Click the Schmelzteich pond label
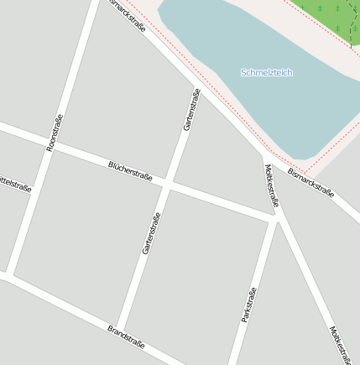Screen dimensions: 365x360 [267, 73]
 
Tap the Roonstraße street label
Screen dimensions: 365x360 [55, 133]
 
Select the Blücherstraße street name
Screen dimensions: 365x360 [130, 170]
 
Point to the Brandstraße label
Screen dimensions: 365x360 [126, 336]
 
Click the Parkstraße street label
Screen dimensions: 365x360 [248, 305]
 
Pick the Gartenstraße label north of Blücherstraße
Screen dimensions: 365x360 [191, 109]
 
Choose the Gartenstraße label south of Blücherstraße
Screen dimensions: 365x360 [151, 232]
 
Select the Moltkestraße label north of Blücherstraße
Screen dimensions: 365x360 [272, 185]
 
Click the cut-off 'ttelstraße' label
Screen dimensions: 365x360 [15, 182]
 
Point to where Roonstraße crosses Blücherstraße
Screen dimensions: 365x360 [44, 144]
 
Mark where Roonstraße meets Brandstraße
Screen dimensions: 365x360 [10, 274]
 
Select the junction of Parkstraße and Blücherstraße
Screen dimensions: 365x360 [274, 220]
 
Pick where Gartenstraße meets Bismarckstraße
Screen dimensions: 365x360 [202, 90]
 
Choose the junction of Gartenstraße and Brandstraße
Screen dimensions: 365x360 [118, 327]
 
